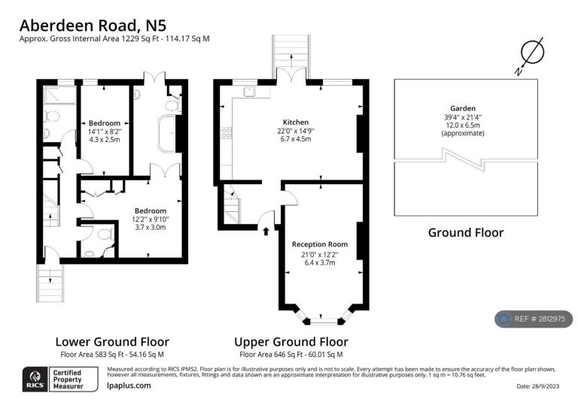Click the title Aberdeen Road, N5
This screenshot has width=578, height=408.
point(93,26)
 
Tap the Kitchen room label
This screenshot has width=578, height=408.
point(296,122)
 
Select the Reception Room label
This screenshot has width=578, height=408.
point(320,244)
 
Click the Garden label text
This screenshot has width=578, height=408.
point(463,108)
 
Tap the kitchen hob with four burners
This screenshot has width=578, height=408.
point(227,133)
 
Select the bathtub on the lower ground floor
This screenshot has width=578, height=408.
point(166,134)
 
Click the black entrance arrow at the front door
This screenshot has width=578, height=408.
point(266,231)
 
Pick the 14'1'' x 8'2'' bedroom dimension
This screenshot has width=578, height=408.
point(105,131)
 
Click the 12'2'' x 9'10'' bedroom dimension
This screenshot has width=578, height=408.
point(151,219)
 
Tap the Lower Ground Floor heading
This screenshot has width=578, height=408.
point(112,342)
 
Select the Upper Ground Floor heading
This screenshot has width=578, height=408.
point(291,342)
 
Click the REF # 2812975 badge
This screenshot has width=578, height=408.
point(534,319)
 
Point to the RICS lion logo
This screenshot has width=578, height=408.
point(35,379)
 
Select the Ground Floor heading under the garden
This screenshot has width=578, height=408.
point(466,232)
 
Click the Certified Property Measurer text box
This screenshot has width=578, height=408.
point(73,379)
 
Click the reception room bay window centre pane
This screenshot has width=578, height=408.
point(324,321)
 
